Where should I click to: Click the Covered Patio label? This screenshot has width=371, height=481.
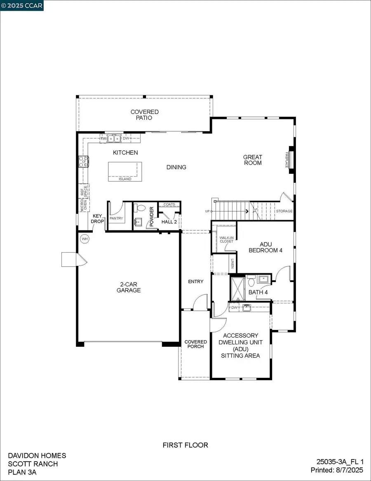click(x=144, y=115)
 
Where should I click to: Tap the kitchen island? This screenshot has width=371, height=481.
click(x=124, y=171)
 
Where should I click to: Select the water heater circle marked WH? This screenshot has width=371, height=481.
click(x=85, y=239)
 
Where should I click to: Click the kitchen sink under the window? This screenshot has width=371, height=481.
click(x=113, y=138)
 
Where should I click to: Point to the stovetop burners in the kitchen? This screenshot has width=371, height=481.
click(x=84, y=161)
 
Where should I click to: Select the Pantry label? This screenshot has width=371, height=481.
click(x=116, y=218)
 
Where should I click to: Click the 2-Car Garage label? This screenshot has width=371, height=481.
click(x=130, y=287)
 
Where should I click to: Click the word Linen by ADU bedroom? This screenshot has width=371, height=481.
click(x=233, y=263)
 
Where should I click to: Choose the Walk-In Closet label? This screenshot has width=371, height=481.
click(x=226, y=239)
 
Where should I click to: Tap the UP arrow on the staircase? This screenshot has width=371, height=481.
click(x=247, y=211)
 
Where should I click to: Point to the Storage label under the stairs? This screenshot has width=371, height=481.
click(x=284, y=211)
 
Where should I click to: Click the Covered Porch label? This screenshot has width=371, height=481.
click(x=195, y=344)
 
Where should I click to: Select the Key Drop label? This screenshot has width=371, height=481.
click(x=97, y=218)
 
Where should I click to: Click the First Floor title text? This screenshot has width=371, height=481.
click(x=185, y=445)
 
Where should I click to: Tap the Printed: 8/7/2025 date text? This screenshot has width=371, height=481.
click(x=337, y=470)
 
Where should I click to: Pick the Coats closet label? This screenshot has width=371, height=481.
click(x=169, y=204)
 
